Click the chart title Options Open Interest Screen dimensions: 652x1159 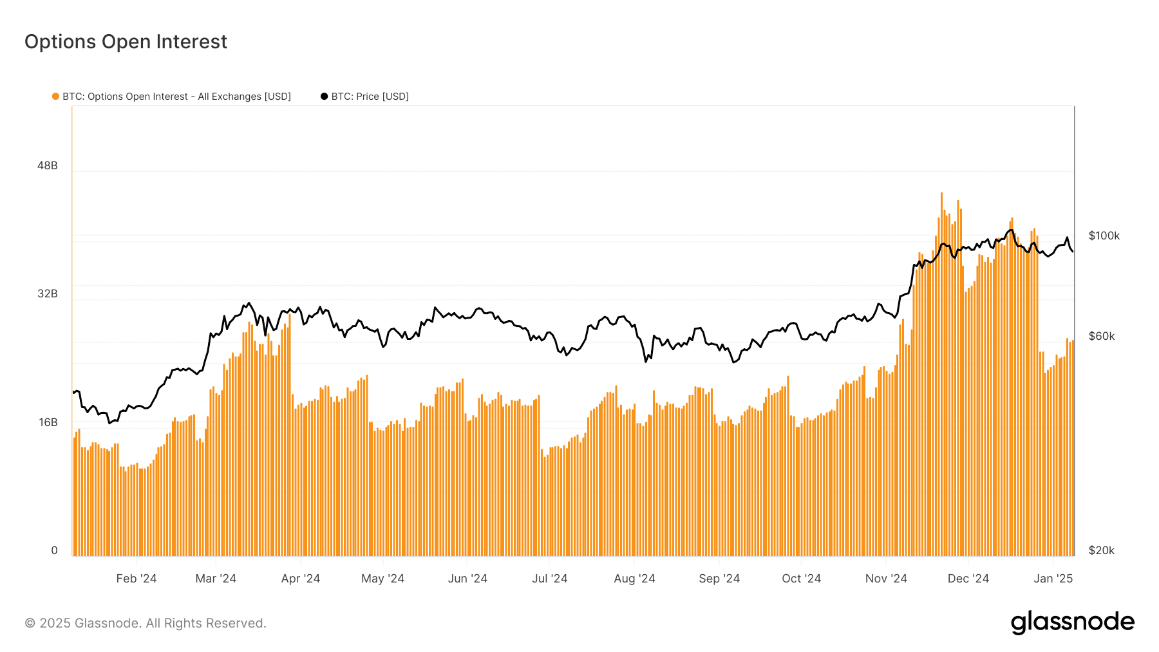point(126,42)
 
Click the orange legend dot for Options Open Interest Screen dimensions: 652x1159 point(55,97)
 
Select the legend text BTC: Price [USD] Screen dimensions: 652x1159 point(370,97)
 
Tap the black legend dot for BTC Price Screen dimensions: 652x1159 point(324,97)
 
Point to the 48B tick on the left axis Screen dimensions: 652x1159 point(48,165)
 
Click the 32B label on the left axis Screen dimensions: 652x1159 point(48,293)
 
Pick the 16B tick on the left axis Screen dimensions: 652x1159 point(48,422)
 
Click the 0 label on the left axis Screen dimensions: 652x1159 point(54,550)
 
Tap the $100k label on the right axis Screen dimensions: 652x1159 point(1104,236)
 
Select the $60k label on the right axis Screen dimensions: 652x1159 point(1101,336)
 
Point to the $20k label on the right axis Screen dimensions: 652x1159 point(1101,550)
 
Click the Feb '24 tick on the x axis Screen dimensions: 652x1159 point(137,579)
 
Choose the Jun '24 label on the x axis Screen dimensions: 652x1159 point(467,579)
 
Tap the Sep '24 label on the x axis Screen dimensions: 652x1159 point(719,579)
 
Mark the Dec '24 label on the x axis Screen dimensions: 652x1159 point(968,579)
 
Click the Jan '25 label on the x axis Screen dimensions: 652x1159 point(1053,579)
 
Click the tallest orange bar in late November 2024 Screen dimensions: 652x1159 point(941,373)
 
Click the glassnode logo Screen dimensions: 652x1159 point(1072,622)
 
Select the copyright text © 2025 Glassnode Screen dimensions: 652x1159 point(146,623)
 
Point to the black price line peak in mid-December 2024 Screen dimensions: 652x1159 point(1011,230)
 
